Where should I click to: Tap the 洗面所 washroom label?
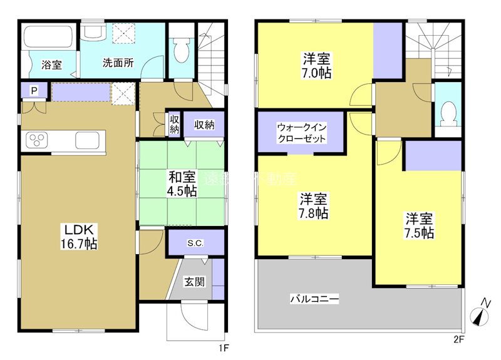118,63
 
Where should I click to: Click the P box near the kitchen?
34,91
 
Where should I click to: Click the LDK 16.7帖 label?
77,235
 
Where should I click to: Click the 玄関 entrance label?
194,282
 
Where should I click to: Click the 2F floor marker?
458,341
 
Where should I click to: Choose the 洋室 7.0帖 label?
317,65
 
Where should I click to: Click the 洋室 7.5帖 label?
420,225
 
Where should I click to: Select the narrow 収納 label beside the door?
173,125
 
